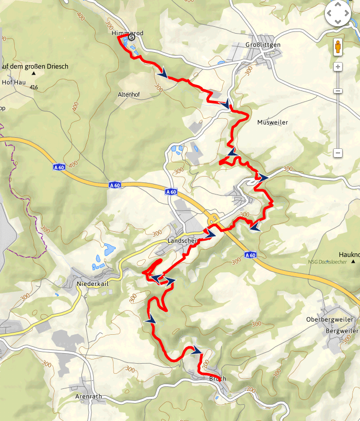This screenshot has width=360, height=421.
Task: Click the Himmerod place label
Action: click(x=127, y=33)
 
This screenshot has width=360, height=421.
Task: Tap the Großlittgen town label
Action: click(x=263, y=45)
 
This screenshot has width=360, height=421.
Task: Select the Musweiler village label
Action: click(x=273, y=122)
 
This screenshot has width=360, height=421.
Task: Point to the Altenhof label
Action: click(x=129, y=95)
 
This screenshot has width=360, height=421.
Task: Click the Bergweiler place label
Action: click(x=342, y=331)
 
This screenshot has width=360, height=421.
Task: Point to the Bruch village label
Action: click(x=218, y=378)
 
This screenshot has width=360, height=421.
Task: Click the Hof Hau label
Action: click(x=14, y=83)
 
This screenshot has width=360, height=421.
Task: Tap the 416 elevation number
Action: click(x=34, y=87)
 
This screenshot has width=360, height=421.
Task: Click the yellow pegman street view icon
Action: click(x=338, y=47)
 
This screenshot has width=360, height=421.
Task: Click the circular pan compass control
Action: click(x=338, y=13)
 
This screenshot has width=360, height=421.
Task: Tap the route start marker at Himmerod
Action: click(x=132, y=37)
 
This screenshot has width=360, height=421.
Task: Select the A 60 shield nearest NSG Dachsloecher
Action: click(x=251, y=255)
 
